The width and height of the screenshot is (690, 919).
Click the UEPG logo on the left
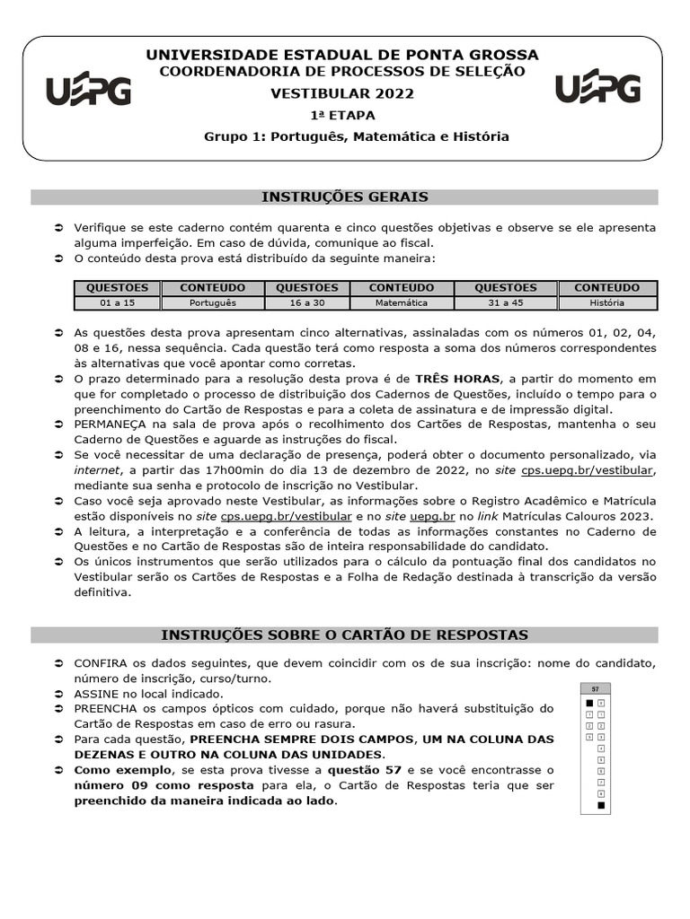88,91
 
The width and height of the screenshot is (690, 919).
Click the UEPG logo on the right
597,88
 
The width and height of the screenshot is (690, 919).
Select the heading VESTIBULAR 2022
344,92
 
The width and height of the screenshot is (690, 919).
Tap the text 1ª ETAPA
343,115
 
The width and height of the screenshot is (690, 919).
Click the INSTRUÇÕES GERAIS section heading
344,197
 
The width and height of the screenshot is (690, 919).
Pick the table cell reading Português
213,303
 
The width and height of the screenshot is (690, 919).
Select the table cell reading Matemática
401,303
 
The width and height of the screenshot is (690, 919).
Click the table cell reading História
607,303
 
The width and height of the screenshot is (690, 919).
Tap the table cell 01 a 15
117,303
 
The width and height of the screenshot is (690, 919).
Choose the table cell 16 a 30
306,303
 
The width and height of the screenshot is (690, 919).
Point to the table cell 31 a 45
505,303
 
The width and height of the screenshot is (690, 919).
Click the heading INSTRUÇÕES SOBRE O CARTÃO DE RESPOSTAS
344,635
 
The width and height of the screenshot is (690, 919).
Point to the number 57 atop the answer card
595,688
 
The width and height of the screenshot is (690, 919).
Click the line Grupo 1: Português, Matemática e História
356,136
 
